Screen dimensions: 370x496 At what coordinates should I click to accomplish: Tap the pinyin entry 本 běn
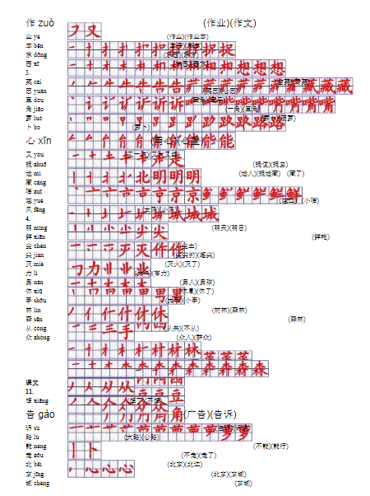coord(34,45)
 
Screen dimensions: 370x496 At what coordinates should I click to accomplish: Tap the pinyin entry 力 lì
coord(32,272)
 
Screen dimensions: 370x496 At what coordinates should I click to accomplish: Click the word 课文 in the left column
coord(32,382)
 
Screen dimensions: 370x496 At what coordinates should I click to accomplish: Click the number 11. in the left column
coord(30,391)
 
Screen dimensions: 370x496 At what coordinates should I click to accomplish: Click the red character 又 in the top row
coord(94,31)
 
